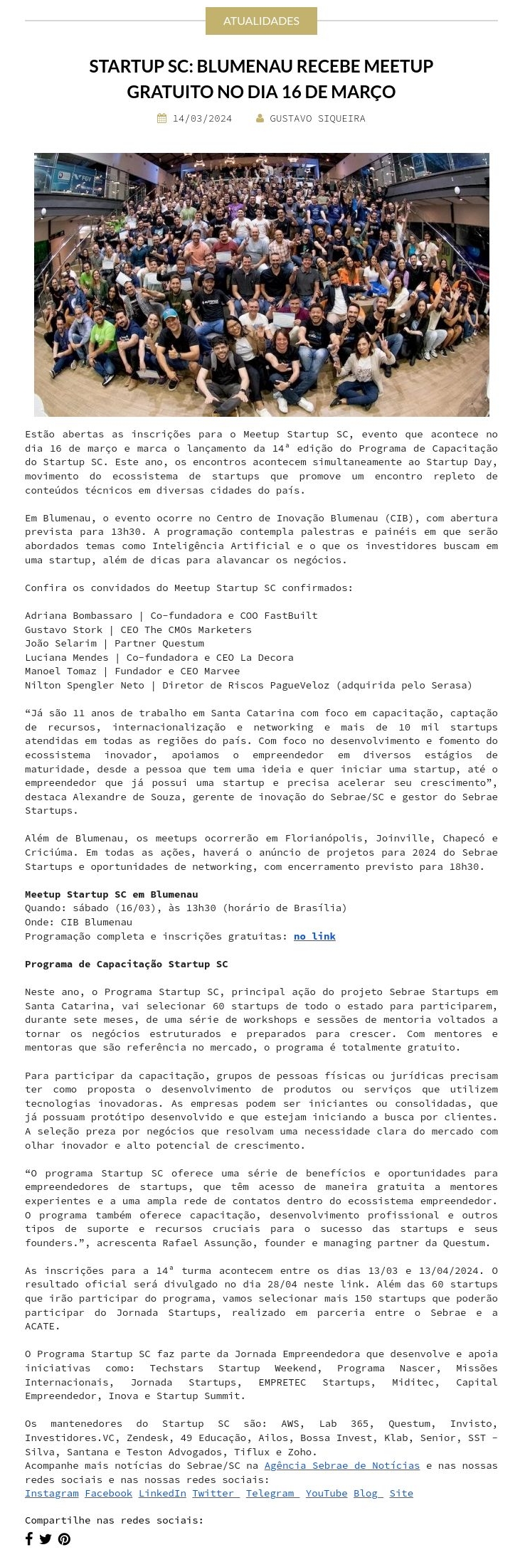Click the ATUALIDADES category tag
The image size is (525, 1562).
(261, 21)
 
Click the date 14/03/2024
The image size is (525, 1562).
(202, 119)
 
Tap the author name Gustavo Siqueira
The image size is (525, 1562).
(317, 119)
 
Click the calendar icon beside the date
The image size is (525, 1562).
(162, 119)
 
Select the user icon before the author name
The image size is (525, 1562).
(260, 119)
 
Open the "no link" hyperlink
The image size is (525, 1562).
(314, 936)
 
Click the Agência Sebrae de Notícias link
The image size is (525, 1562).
(341, 1465)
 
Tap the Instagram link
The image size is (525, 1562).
(52, 1493)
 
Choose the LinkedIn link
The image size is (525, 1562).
(162, 1493)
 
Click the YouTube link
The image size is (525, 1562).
(327, 1493)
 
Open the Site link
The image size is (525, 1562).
(401, 1493)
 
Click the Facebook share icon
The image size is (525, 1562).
(29, 1539)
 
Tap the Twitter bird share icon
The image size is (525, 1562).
(46, 1539)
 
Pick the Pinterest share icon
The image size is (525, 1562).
(64, 1539)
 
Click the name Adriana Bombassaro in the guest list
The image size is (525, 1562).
(78, 615)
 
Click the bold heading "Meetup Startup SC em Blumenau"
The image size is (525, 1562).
(112, 894)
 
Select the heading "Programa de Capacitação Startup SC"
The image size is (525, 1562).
(127, 964)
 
